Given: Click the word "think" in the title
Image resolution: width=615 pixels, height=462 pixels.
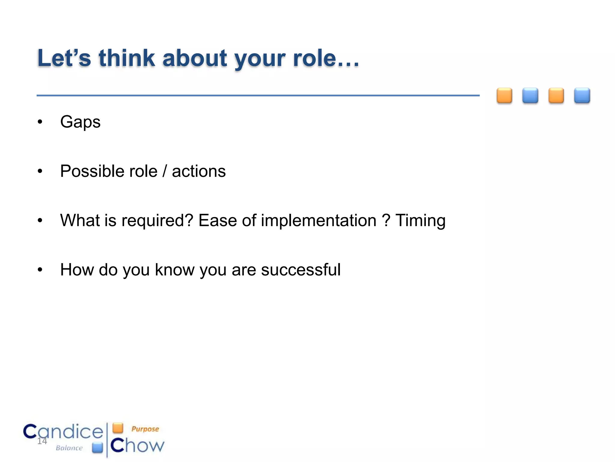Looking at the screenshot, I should point(127,58).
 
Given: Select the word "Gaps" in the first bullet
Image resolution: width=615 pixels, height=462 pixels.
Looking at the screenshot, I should point(80,122).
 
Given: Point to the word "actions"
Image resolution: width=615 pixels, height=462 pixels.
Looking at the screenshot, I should point(198,171).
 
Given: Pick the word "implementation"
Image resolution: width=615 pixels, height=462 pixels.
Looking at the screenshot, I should point(318,220).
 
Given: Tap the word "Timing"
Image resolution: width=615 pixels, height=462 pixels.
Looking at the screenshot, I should point(420,220).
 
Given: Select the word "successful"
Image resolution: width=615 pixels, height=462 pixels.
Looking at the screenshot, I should point(301,269).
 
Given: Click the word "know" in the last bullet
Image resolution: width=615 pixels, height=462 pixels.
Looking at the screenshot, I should point(174,269).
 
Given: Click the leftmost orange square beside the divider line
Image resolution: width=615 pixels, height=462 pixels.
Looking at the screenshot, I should point(504,96).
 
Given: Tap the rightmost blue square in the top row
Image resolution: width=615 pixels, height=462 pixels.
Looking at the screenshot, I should point(582,96).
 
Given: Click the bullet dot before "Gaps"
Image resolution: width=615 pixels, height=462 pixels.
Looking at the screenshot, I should point(40,122).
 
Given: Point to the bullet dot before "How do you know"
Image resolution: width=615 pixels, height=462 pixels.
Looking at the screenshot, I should point(40,270).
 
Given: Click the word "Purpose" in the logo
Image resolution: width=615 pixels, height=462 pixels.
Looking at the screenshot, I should point(145,429).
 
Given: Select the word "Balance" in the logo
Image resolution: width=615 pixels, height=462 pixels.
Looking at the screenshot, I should point(69,448).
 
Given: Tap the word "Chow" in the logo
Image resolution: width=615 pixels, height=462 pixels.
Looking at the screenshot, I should point(137,445).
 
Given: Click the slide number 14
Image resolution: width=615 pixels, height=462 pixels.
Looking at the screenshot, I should point(42,441).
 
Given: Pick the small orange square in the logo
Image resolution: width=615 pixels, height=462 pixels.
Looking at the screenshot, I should point(118,428).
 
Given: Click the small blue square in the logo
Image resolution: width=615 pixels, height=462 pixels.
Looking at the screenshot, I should point(97,447).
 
